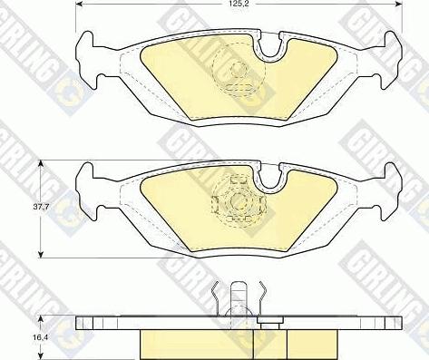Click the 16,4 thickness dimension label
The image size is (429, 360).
pos(42,336)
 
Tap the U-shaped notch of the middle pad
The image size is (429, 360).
pos(270,179)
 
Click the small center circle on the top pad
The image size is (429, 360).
pos(239,70)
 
